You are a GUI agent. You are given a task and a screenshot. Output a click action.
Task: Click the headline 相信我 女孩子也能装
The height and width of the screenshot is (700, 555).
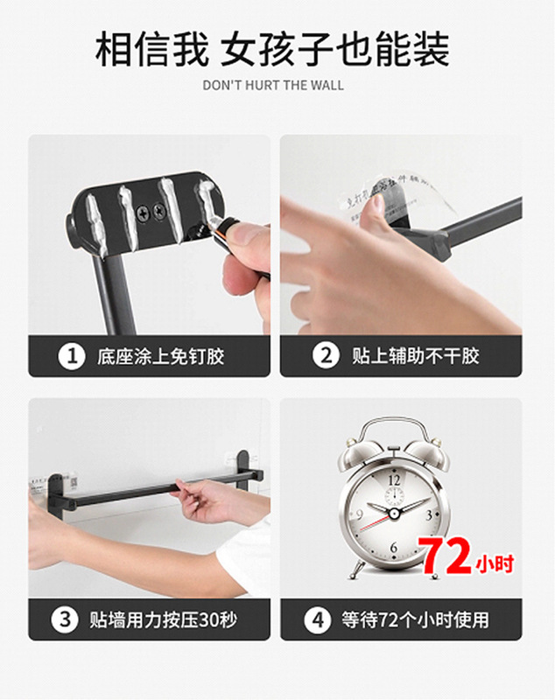[x=272, y=51]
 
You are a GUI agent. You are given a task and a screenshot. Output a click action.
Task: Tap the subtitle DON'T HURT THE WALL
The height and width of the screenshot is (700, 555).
[x=273, y=86]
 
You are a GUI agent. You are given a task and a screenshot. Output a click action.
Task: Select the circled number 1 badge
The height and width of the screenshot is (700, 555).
[x=70, y=356]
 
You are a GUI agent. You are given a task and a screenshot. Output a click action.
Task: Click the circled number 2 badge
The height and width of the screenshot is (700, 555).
[x=326, y=356]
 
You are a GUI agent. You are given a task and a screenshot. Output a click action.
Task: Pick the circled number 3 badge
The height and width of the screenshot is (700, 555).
[x=64, y=620]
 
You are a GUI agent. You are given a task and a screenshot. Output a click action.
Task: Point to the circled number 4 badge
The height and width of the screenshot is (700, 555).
[x=317, y=620]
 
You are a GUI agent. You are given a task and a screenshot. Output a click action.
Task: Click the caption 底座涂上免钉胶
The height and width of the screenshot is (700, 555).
[x=160, y=356]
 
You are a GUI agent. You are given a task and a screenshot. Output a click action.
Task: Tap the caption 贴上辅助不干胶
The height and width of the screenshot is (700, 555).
[x=415, y=356]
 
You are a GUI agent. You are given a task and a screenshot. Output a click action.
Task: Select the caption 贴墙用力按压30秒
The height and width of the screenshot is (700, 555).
[x=163, y=620]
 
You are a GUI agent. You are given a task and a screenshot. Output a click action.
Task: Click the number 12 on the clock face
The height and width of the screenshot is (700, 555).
[x=395, y=479]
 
